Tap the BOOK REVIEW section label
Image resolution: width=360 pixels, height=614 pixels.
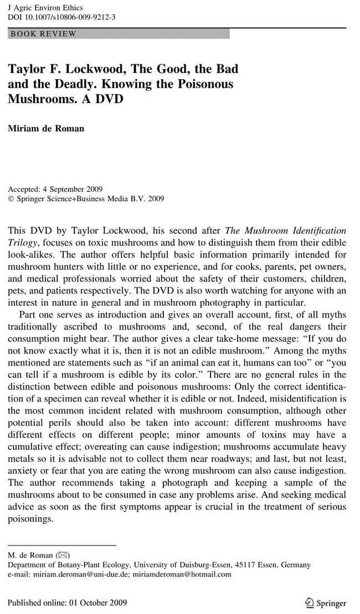coord(43,34)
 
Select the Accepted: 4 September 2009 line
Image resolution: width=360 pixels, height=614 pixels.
coord(55,189)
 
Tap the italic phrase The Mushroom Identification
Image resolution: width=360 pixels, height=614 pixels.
coord(285,230)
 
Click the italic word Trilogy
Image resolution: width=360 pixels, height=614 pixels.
coord(23,242)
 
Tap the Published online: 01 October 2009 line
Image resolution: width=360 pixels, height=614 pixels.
coord(67,603)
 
